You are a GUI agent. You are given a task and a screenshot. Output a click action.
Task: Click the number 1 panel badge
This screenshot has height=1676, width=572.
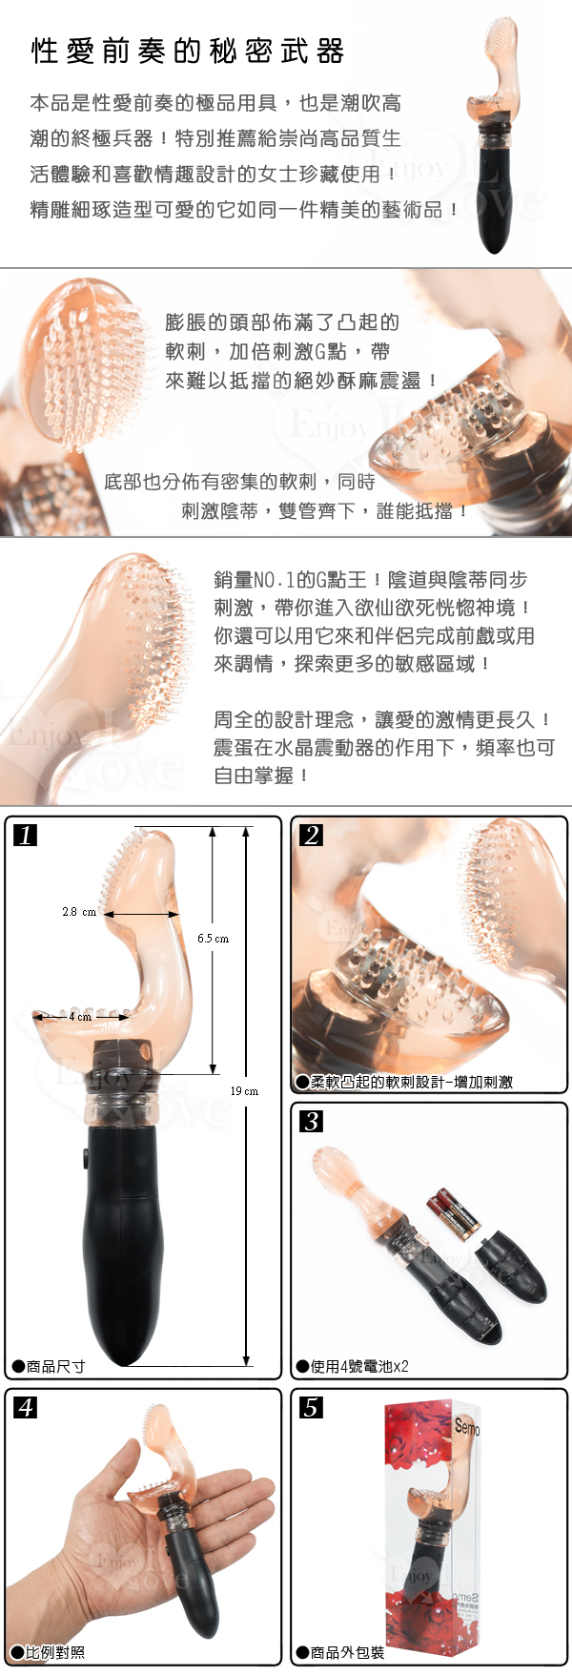click(x=26, y=835)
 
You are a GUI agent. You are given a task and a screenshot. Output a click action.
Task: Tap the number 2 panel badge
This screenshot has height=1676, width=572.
click(x=312, y=835)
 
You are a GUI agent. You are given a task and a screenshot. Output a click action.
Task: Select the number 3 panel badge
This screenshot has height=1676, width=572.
click(x=312, y=1120)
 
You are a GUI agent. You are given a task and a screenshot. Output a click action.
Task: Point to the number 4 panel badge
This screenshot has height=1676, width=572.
click(x=26, y=1406)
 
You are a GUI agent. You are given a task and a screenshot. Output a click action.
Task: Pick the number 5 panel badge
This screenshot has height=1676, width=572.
click(x=312, y=1406)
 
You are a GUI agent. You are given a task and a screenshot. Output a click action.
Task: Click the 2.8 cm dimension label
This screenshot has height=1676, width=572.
click(x=79, y=912)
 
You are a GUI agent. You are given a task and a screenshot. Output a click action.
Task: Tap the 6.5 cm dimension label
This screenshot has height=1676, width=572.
click(x=214, y=939)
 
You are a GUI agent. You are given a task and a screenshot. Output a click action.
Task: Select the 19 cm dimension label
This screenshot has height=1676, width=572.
click(x=244, y=1090)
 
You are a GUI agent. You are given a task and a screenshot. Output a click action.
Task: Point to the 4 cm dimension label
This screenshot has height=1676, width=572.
click(x=80, y=1017)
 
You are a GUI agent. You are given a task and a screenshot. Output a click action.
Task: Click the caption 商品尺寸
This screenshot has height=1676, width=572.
click(x=50, y=1366)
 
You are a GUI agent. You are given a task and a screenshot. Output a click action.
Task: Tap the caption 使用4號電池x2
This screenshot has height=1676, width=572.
click(x=352, y=1366)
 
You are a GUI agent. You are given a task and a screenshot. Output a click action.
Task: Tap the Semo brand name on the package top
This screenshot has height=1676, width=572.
click(x=467, y=1427)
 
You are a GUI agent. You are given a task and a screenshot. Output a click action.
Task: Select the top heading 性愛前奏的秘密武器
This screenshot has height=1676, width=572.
click(x=188, y=51)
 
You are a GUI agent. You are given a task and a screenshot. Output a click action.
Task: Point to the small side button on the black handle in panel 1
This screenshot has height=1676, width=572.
click(x=85, y=1161)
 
